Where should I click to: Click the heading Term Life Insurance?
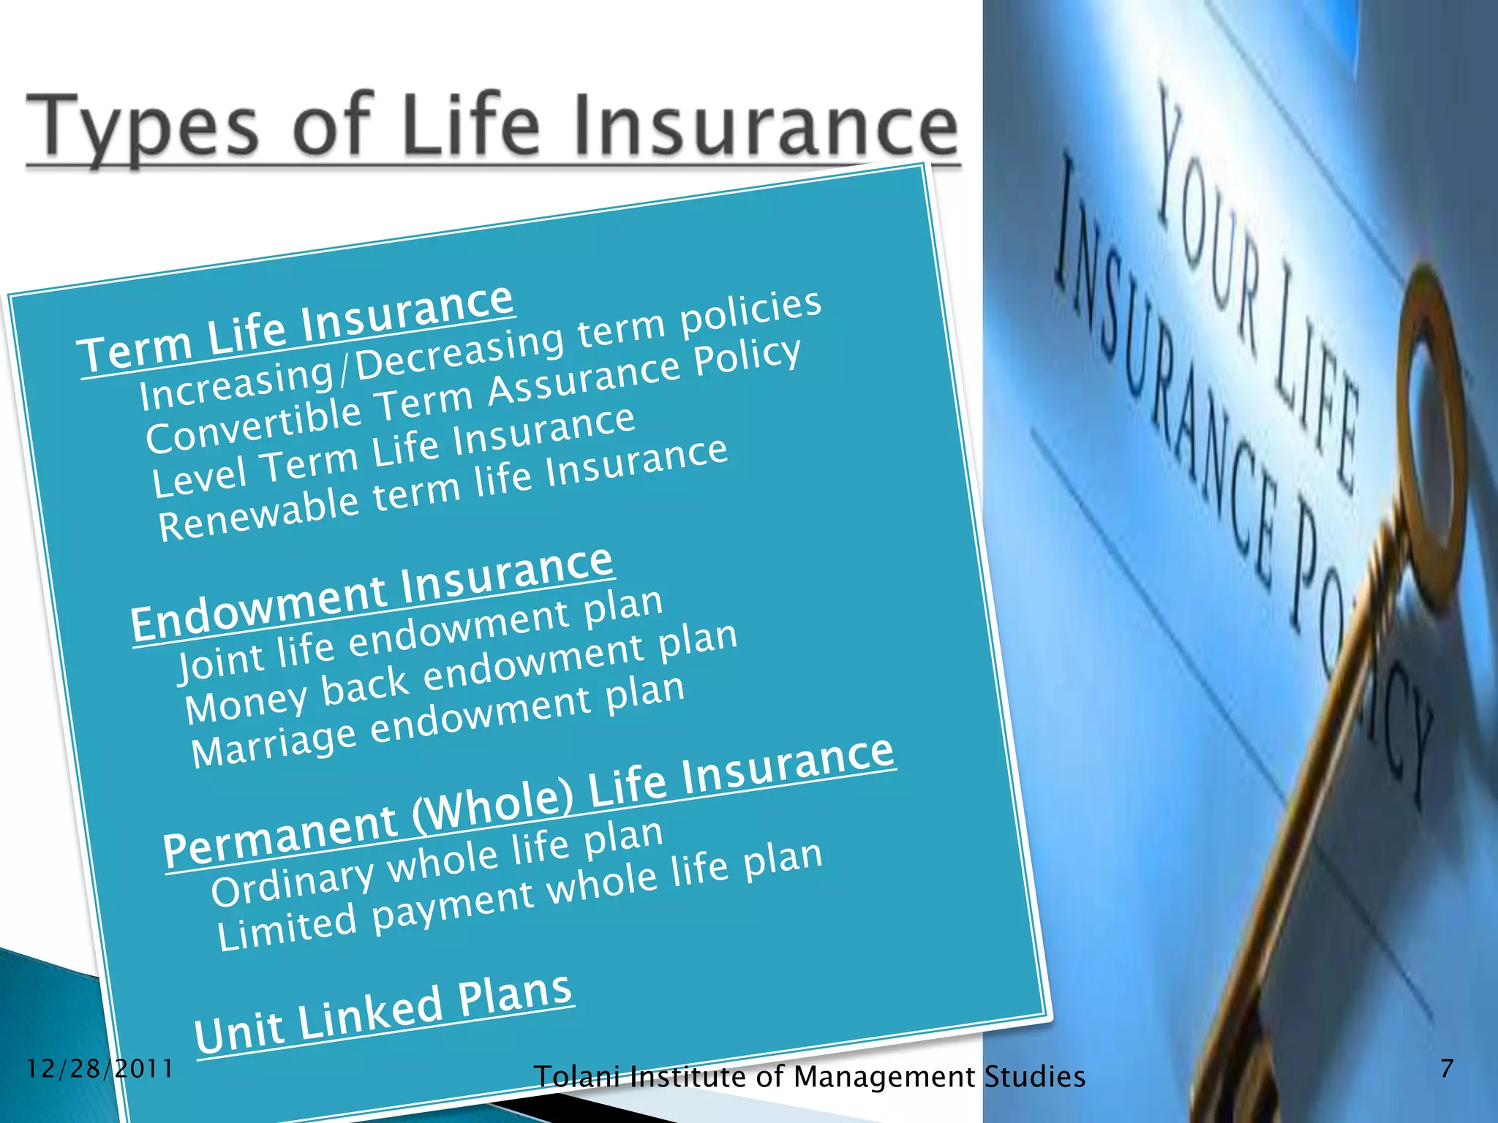(x=296, y=328)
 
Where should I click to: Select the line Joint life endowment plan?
(x=420, y=634)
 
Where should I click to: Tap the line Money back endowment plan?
(x=461, y=674)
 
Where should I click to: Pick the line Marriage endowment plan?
(x=437, y=721)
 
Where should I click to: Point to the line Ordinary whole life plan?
(x=437, y=862)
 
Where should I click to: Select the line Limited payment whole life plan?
(x=519, y=895)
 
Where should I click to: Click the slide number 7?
(x=1447, y=1068)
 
